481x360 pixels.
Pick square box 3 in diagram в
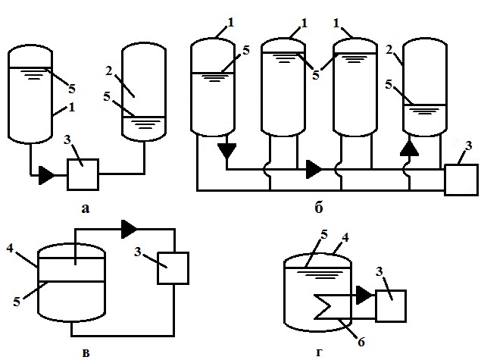[x=173, y=267]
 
